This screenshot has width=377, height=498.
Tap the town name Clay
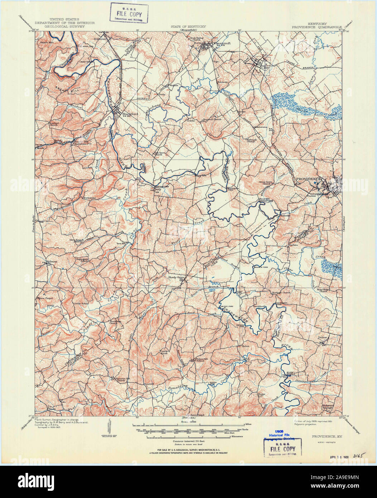pos(265,67)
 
